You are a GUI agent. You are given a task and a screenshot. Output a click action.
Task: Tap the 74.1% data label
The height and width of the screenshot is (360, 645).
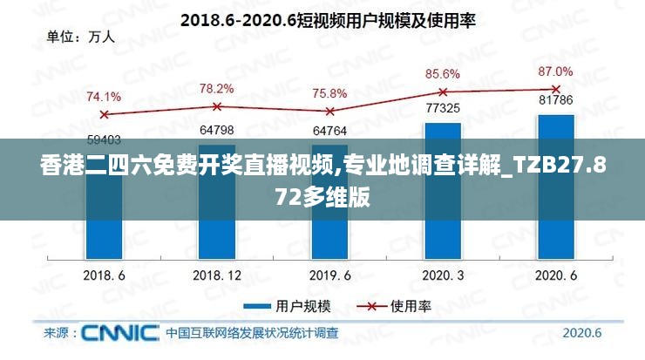click(104, 97)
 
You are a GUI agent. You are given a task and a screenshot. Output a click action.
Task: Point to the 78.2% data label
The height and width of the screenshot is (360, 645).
click(216, 89)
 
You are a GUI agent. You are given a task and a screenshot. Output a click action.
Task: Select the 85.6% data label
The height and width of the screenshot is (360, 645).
click(443, 74)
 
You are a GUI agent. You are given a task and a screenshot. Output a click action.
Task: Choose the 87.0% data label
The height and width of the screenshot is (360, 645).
click(555, 71)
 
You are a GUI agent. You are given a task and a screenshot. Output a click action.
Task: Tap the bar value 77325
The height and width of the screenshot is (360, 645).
click(443, 109)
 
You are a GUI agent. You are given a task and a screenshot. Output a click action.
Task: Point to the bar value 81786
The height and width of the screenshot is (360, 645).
click(555, 100)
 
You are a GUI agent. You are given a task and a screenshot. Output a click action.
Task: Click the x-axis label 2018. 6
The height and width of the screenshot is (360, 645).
click(104, 275)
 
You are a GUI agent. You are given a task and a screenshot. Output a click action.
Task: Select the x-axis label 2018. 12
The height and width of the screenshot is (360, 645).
click(216, 275)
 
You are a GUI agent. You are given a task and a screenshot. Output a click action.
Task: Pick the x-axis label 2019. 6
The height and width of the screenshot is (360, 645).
click(329, 275)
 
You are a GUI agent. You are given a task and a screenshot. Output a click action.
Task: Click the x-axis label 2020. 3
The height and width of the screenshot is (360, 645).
click(443, 275)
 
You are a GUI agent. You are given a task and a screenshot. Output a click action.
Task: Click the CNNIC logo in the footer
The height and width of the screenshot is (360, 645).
click(119, 332)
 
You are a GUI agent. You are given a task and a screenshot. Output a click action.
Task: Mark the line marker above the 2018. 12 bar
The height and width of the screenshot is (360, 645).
click(217, 106)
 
